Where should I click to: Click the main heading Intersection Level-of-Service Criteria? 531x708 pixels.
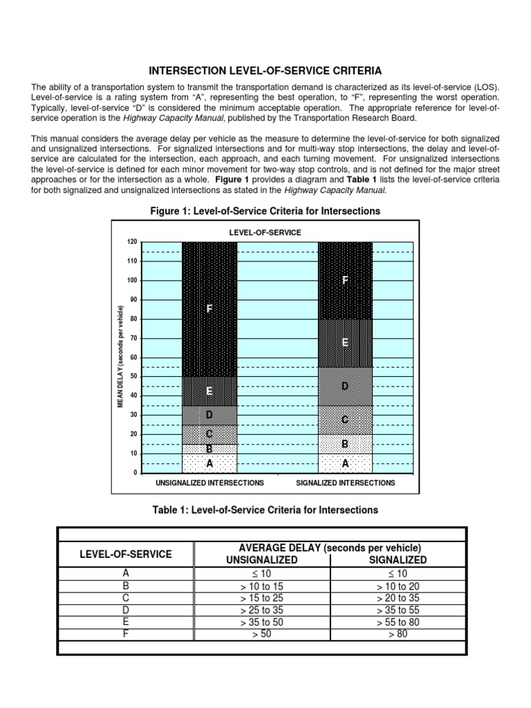265,71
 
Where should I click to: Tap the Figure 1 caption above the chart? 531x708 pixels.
265,210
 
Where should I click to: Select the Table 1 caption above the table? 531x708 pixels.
265,510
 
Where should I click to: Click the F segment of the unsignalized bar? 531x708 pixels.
209,309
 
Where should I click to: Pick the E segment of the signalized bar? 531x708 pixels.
345,342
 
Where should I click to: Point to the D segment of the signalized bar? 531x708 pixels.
345,386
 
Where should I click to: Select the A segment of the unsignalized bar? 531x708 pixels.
209,463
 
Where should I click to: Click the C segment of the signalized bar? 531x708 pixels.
345,420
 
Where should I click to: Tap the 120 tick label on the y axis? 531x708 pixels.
132,242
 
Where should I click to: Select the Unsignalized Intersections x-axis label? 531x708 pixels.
209,483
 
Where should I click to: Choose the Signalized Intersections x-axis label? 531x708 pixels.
345,483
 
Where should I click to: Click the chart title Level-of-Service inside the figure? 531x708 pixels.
265,232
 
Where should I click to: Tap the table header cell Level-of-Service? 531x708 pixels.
126,554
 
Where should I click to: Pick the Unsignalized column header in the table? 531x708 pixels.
262,560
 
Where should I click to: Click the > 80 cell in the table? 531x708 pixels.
398,634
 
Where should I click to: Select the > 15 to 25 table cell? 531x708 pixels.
262,597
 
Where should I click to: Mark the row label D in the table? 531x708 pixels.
126,610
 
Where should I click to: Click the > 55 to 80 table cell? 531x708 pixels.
398,622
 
